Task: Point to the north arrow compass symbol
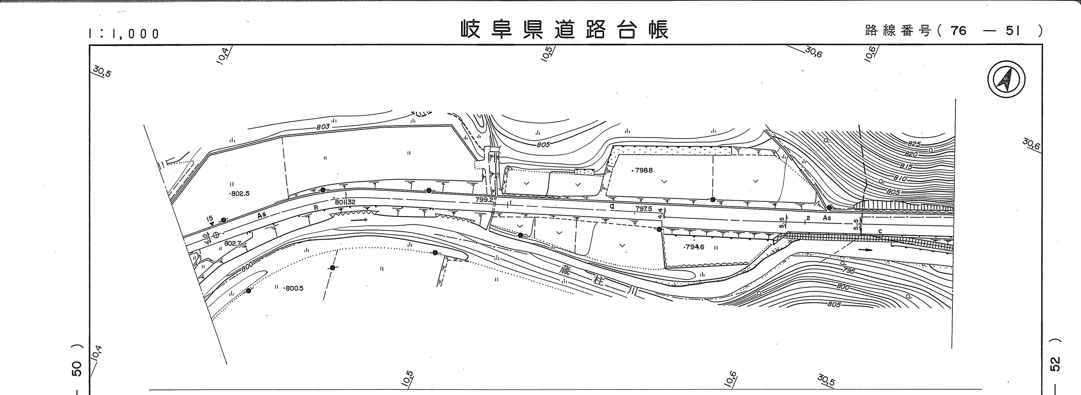[1006, 80]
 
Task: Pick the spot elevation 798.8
[643, 171]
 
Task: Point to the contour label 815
[903, 167]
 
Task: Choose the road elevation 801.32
[345, 202]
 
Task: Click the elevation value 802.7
[232, 243]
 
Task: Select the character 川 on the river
[632, 290]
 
